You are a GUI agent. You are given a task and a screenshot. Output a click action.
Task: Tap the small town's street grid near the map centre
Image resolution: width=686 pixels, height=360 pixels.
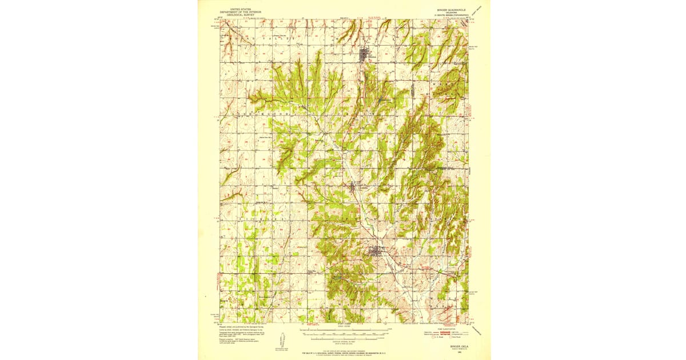point(356,186)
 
